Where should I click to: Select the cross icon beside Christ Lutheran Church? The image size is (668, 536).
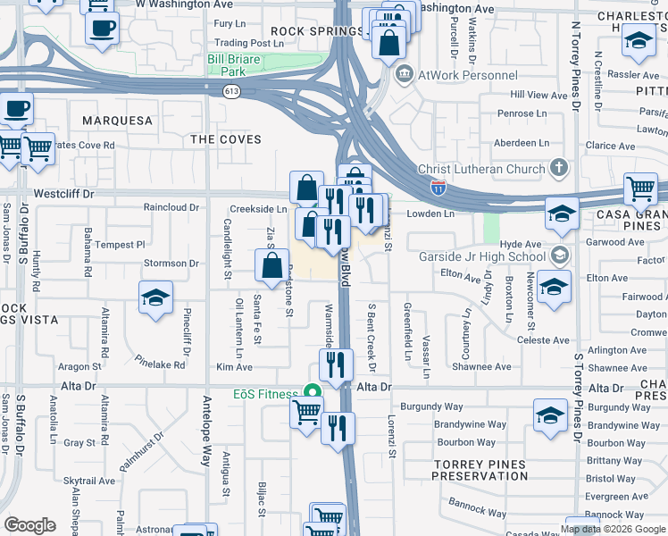559,167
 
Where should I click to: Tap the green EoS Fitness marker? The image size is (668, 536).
312,391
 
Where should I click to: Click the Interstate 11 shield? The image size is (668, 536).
438,187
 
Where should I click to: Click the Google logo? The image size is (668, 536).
29,525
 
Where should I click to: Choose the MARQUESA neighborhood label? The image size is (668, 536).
117,120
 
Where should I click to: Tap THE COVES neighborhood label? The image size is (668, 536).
226,139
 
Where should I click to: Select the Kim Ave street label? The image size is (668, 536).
234,367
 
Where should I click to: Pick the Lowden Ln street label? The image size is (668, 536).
431,214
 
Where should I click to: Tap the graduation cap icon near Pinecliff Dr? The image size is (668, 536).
155,297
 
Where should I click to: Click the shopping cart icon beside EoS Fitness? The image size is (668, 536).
306,413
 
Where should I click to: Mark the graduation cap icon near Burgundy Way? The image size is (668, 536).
550,415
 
